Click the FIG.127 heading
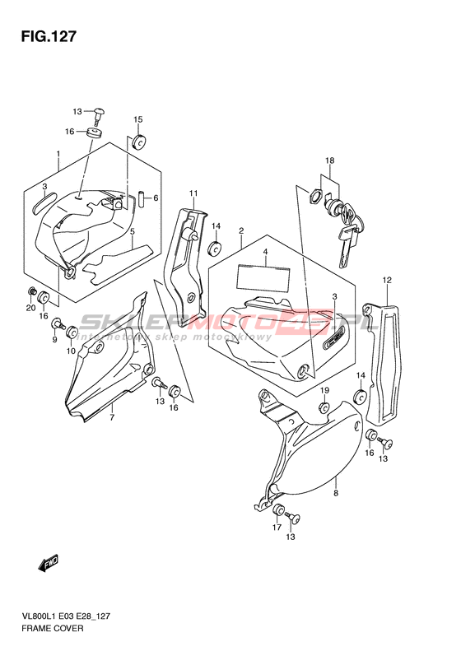point(49,37)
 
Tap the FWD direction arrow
point(49,564)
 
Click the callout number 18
point(330,160)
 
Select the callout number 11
point(193,193)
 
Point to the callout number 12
point(387,281)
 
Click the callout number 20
point(31,308)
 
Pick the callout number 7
point(112,416)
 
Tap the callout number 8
point(336,493)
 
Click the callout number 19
point(324,390)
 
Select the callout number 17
point(277,528)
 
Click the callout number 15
point(137,119)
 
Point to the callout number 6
point(156,198)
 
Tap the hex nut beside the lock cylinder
point(315,196)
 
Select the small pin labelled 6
point(142,198)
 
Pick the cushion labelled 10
point(71,333)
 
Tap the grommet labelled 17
point(278,509)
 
